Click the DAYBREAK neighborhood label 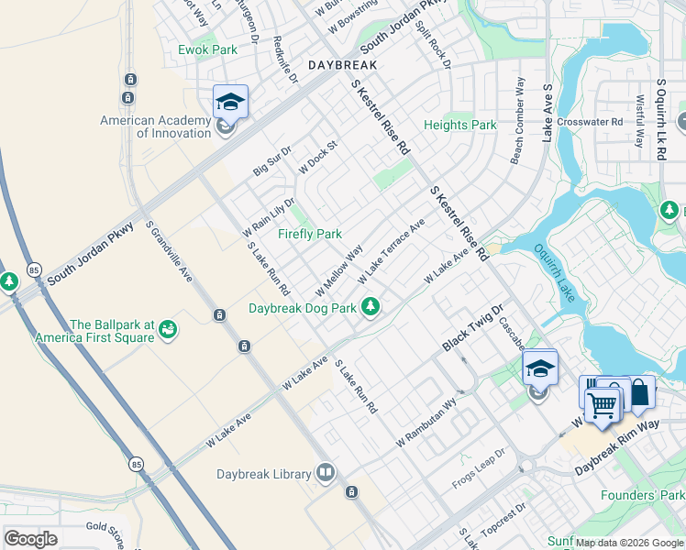click(x=343, y=66)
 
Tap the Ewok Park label click(x=207, y=49)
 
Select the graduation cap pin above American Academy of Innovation click(x=230, y=101)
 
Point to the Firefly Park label click(x=310, y=234)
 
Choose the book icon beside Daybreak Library click(x=325, y=474)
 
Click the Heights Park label click(x=459, y=125)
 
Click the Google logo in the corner click(x=30, y=539)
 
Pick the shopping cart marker click(x=603, y=403)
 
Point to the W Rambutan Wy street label click(x=427, y=422)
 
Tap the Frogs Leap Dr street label click(x=479, y=469)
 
